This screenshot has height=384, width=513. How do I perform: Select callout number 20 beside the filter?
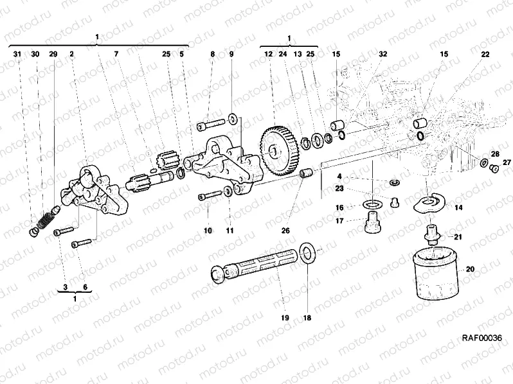coord(469,268)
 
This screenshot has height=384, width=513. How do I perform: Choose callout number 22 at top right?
coord(485,55)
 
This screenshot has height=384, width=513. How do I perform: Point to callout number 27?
coord(506,162)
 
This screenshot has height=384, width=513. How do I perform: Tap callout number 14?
coord(458,207)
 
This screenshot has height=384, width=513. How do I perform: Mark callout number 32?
coord(383,55)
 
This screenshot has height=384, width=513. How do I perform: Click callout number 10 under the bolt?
coord(208,231)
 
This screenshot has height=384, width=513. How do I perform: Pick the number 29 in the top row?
coord(53,55)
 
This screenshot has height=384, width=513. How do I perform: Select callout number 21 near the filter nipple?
coord(458,237)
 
